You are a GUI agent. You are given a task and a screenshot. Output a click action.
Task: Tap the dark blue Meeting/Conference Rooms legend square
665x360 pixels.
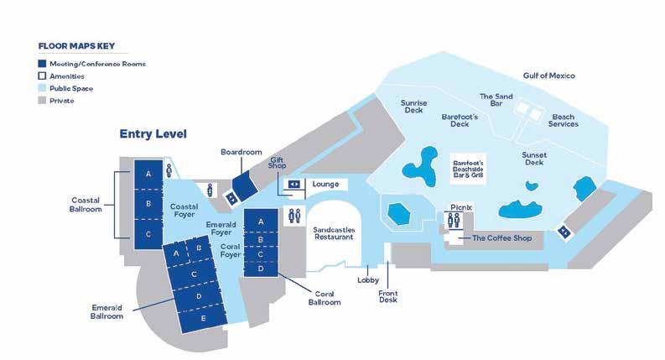click(42, 64)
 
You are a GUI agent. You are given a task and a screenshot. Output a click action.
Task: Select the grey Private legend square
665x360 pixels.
click(42, 100)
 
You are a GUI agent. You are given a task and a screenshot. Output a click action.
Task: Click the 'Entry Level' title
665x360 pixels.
click(153, 133)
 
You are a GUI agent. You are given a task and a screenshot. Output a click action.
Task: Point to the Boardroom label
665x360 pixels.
click(242, 152)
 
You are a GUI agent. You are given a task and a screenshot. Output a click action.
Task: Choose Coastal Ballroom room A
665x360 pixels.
click(148, 174)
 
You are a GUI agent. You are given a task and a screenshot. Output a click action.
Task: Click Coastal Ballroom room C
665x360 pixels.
click(148, 234)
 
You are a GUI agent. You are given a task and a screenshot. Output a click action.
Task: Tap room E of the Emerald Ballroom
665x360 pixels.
click(204, 320)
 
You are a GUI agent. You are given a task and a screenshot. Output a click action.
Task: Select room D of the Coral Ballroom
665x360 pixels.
click(261, 269)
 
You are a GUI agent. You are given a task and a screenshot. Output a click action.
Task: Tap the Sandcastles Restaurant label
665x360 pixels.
click(333, 233)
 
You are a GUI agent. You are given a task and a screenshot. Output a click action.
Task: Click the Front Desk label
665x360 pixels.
click(387, 296)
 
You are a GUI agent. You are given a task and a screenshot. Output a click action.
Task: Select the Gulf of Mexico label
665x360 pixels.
click(548, 76)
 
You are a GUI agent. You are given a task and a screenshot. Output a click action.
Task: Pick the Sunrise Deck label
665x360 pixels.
click(414, 107)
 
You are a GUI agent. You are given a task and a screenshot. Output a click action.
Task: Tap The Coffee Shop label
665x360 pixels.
click(502, 238)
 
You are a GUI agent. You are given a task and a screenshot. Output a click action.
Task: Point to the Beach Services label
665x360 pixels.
click(564, 120)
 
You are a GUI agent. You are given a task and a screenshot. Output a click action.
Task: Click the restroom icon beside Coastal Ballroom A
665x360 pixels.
click(169, 170)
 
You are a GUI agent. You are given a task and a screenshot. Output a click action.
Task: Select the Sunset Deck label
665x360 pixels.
click(534, 159)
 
